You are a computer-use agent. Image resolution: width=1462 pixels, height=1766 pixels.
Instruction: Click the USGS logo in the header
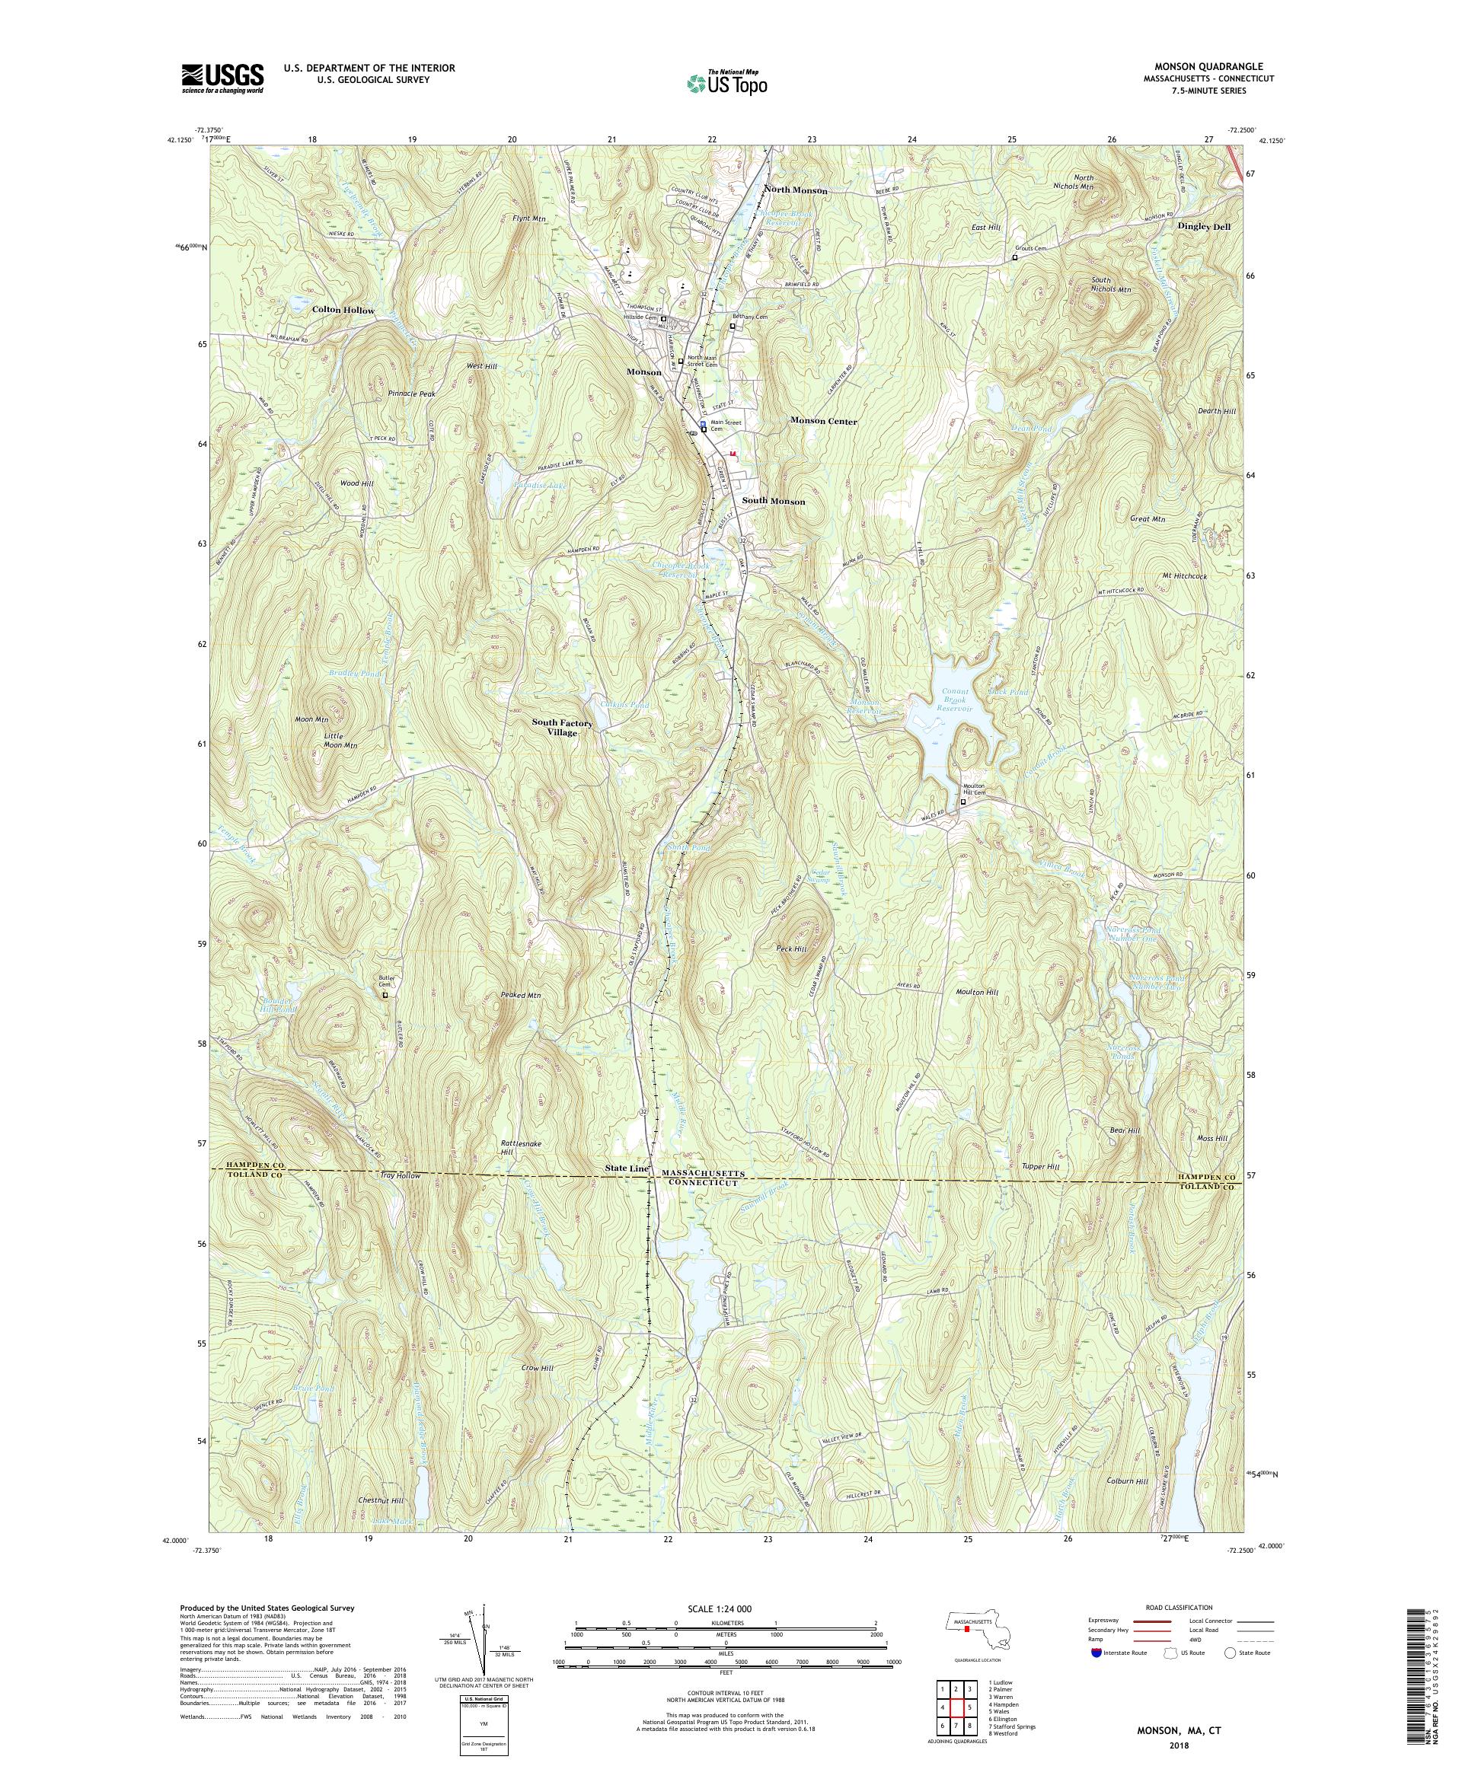click(x=222, y=79)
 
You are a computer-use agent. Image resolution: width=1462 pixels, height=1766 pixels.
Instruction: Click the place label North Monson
click(x=796, y=191)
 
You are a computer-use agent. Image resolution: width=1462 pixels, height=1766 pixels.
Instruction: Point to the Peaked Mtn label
click(x=522, y=995)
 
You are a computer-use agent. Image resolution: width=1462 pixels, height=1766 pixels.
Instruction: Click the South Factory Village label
click(x=562, y=728)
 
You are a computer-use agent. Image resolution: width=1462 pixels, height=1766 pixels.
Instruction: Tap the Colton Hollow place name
click(x=343, y=311)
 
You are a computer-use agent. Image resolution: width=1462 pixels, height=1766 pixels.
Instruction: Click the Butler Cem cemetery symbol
click(x=385, y=995)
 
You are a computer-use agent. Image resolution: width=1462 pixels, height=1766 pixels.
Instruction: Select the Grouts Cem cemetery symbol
click(x=1014, y=258)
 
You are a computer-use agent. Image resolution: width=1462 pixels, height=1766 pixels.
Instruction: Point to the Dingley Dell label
click(x=1203, y=226)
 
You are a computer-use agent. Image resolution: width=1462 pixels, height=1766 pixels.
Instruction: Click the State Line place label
click(x=626, y=1169)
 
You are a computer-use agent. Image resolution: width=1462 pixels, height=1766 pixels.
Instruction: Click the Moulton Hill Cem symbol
click(x=964, y=802)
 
